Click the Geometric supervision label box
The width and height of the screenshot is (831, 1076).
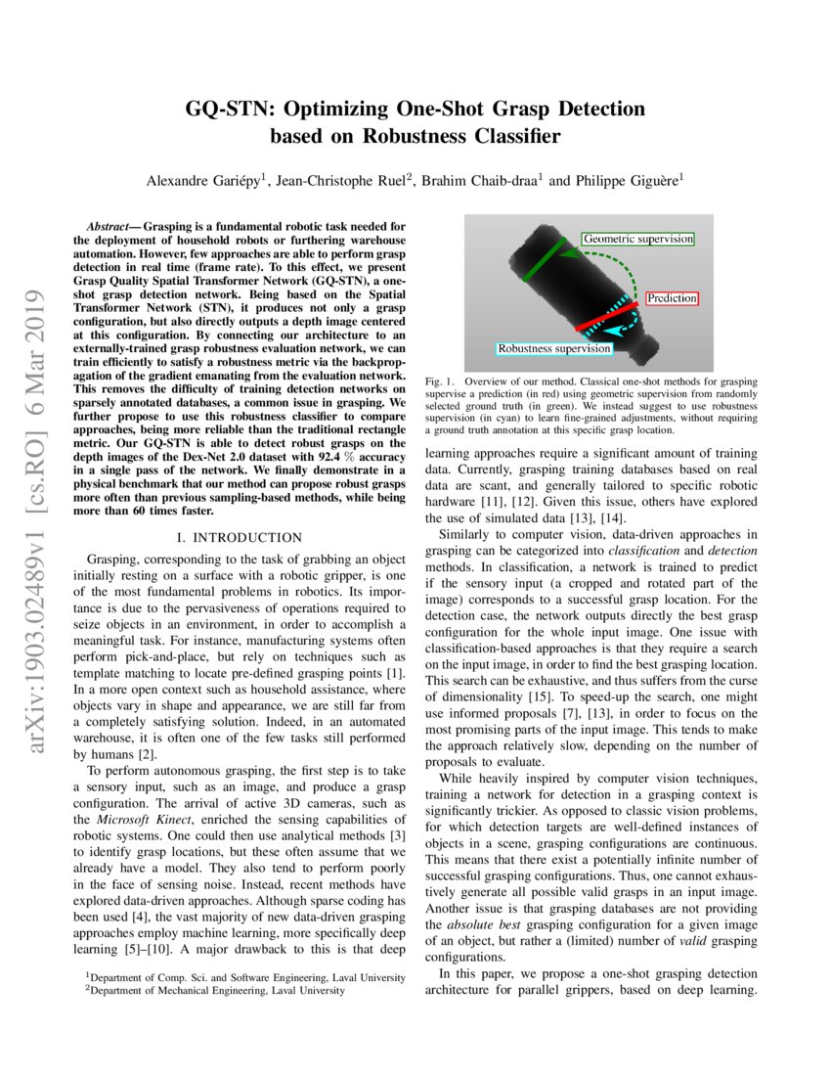[x=637, y=239]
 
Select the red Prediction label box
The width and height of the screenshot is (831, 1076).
[x=672, y=297]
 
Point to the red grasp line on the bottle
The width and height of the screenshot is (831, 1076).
[x=606, y=314]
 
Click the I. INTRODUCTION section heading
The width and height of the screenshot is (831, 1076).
[x=241, y=538]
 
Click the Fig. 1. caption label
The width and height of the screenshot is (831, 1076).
[x=441, y=379]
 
